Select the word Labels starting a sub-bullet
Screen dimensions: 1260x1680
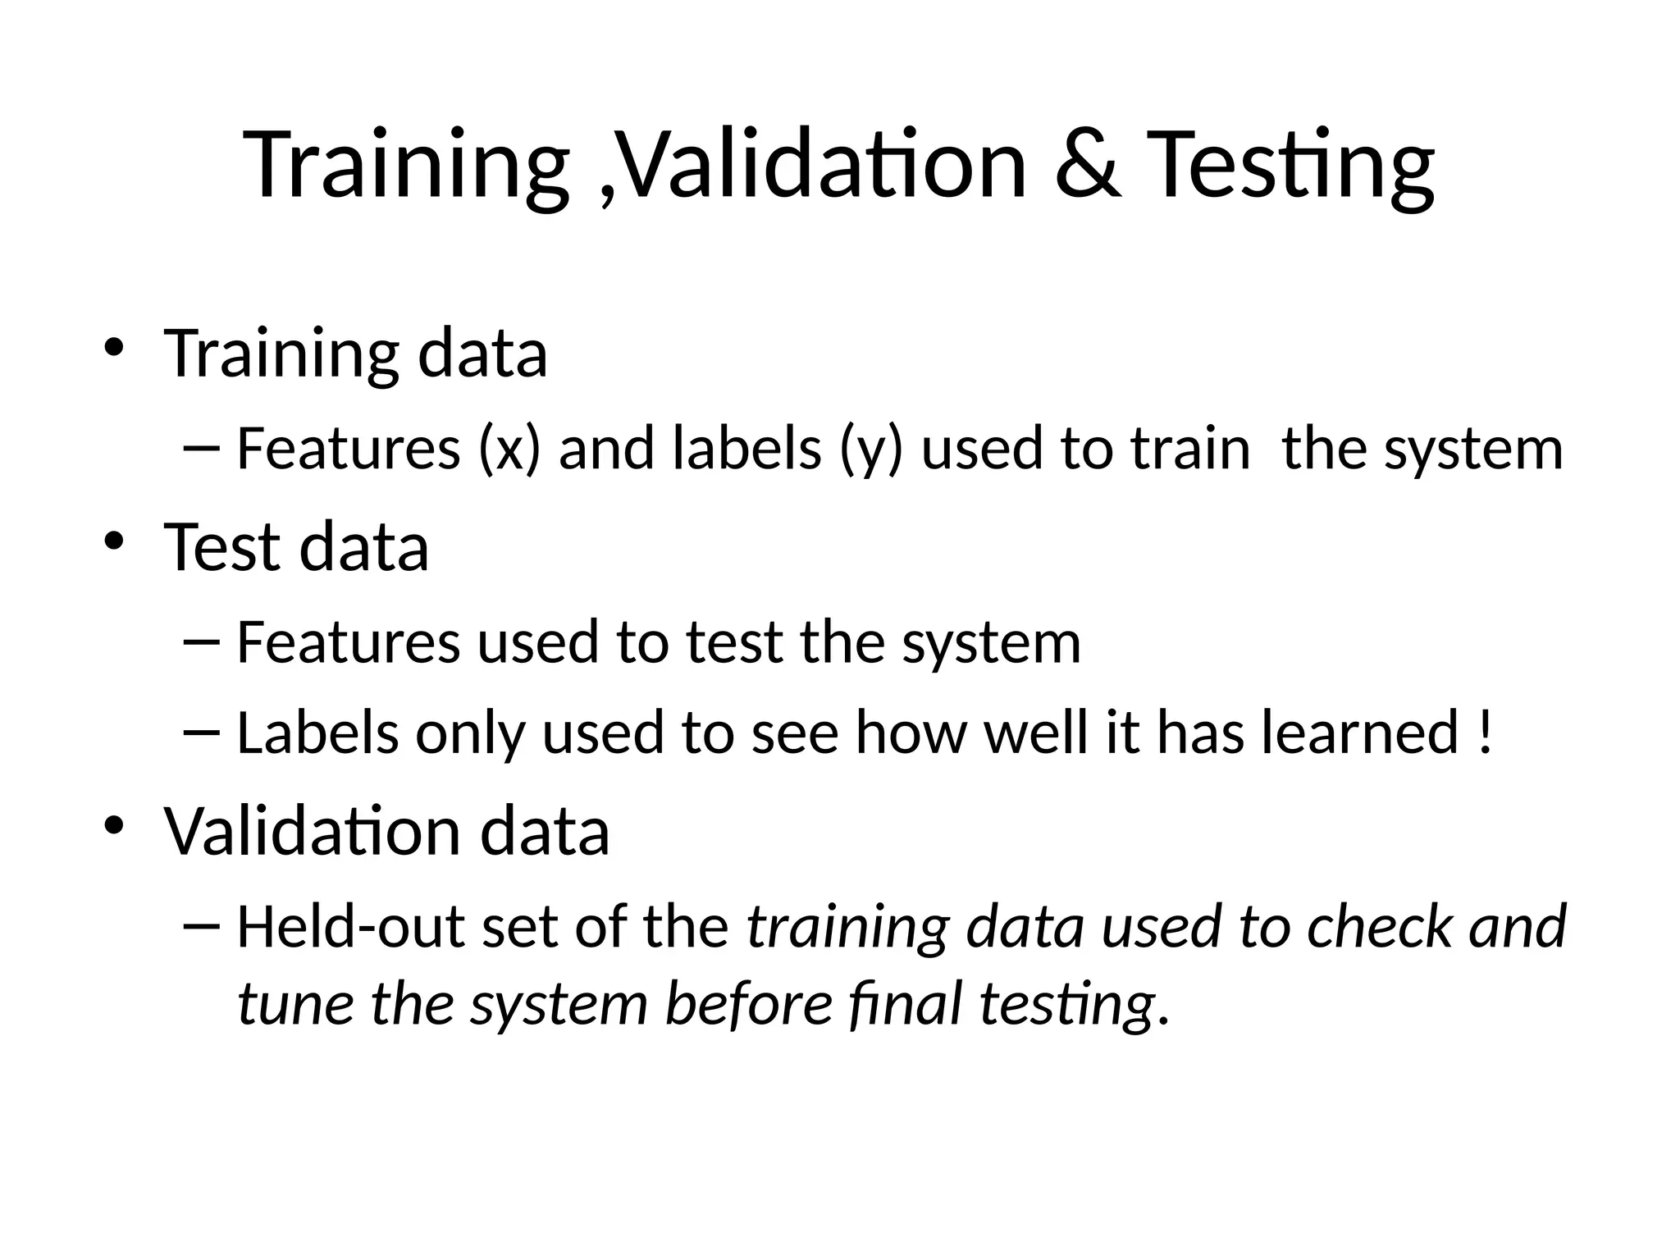[317, 732]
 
